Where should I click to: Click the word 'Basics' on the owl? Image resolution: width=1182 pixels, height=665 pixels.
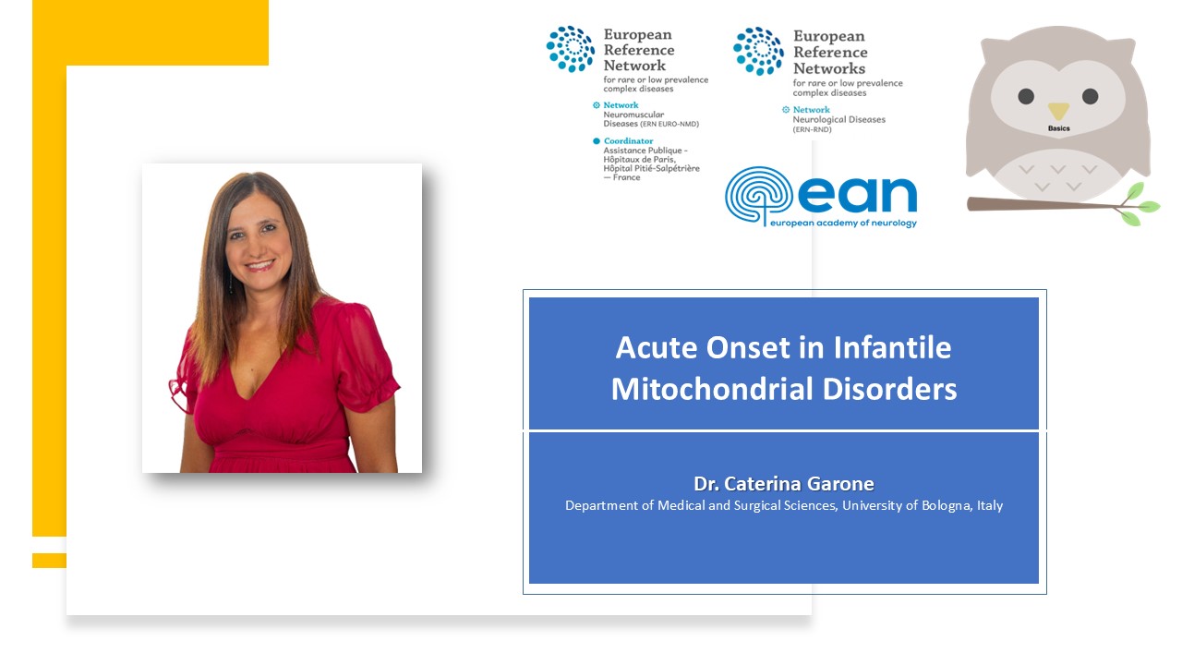pos(1058,128)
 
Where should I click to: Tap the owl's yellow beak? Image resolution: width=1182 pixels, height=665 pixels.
pos(1058,111)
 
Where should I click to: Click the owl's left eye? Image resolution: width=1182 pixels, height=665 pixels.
pos(1026,97)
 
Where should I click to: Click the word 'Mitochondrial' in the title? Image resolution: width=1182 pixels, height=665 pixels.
pos(712,389)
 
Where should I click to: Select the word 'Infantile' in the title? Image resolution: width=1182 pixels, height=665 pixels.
pos(892,348)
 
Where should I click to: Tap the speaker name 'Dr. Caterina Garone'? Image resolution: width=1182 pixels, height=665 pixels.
pos(784,483)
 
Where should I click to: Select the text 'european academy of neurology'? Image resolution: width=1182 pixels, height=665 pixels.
pos(843,223)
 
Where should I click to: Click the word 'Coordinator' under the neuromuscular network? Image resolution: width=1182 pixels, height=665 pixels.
pos(629,141)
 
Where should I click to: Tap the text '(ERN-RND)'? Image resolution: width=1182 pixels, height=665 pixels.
pos(812,129)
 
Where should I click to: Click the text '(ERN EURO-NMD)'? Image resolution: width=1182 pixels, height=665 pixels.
pos(669,124)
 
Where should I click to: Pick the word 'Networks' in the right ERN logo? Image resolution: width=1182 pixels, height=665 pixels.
pos(829,68)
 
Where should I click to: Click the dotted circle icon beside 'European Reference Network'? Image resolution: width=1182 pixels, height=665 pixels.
pos(571,49)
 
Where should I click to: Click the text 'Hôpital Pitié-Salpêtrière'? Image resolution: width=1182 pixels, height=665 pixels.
pos(651,168)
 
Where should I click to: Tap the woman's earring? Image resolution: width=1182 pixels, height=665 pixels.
pos(231,283)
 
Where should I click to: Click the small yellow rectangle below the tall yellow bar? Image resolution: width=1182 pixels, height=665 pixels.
pos(49,561)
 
